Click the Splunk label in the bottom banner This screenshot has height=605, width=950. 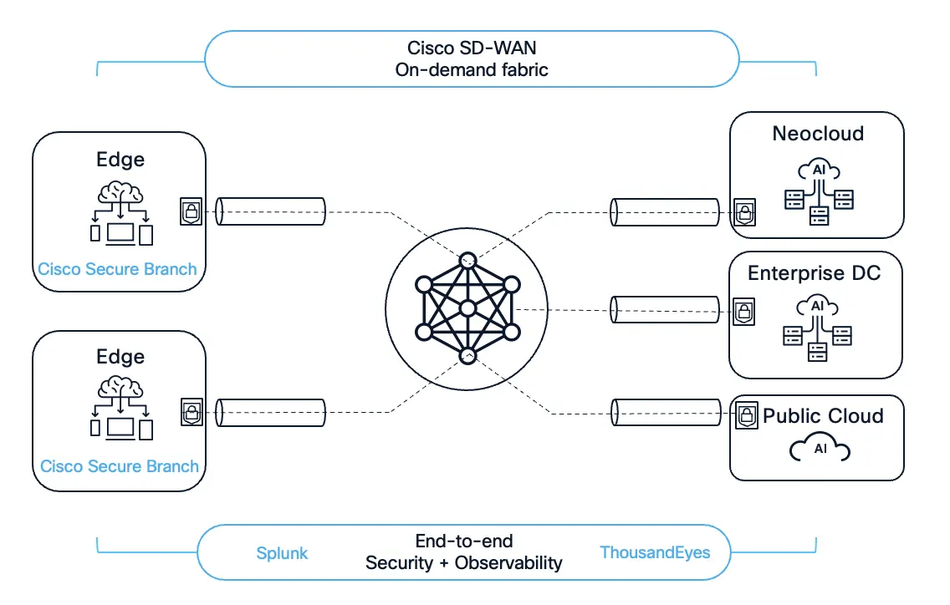(x=282, y=553)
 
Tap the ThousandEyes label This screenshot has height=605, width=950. (x=655, y=552)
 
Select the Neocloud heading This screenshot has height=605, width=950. (x=818, y=134)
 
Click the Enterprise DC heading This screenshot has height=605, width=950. (x=814, y=273)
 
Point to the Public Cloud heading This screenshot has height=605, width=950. (x=823, y=416)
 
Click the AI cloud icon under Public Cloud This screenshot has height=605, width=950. (x=820, y=450)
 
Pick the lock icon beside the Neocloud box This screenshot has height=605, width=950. (x=743, y=212)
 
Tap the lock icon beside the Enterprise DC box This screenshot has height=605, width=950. (x=743, y=312)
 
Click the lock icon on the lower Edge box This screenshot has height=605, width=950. (x=191, y=412)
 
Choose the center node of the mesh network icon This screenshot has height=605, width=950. (x=467, y=309)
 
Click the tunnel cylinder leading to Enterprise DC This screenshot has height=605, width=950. (x=665, y=310)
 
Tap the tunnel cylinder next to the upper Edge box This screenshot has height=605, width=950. (x=270, y=211)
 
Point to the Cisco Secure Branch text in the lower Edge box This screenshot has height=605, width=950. (x=120, y=466)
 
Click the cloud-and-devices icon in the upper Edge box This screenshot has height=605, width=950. (x=121, y=215)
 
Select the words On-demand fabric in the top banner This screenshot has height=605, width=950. (x=472, y=69)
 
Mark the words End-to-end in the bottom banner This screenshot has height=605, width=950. (x=463, y=541)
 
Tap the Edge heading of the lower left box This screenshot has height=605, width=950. (x=120, y=357)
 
